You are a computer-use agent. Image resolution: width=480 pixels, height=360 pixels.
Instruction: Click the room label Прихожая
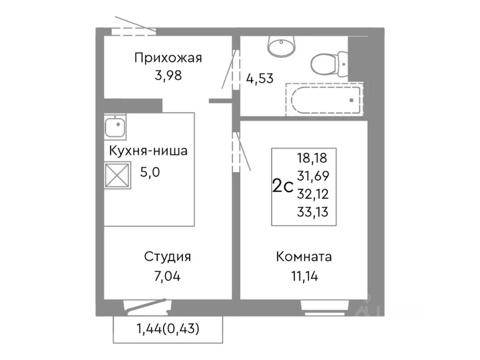168,58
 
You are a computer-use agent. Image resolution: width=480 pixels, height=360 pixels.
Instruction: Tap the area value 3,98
168,75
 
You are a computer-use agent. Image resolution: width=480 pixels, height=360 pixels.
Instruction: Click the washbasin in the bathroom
281,45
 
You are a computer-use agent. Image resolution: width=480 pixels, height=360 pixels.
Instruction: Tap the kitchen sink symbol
115,127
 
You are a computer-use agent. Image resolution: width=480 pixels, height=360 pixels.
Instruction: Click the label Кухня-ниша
148,151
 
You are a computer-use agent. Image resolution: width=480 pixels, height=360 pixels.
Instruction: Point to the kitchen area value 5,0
150,172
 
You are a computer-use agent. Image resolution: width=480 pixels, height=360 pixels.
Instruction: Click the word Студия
167,257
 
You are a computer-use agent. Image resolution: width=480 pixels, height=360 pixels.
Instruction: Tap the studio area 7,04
167,276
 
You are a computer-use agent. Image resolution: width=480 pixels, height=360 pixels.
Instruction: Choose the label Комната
304,257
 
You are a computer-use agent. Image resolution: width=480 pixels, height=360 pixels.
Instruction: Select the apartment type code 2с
283,186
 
